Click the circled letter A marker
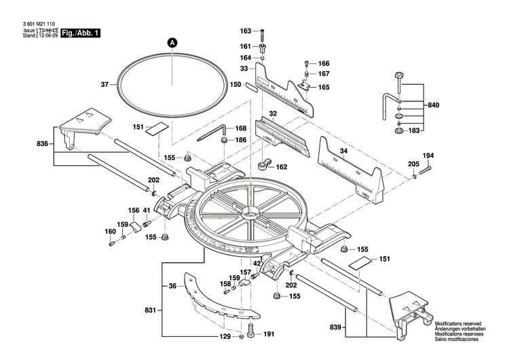(172, 42)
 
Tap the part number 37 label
(105, 85)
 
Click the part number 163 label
(246, 31)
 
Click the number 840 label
(433, 105)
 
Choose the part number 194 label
(428, 156)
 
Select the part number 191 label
(269, 334)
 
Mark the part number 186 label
(241, 140)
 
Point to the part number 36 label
(172, 286)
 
